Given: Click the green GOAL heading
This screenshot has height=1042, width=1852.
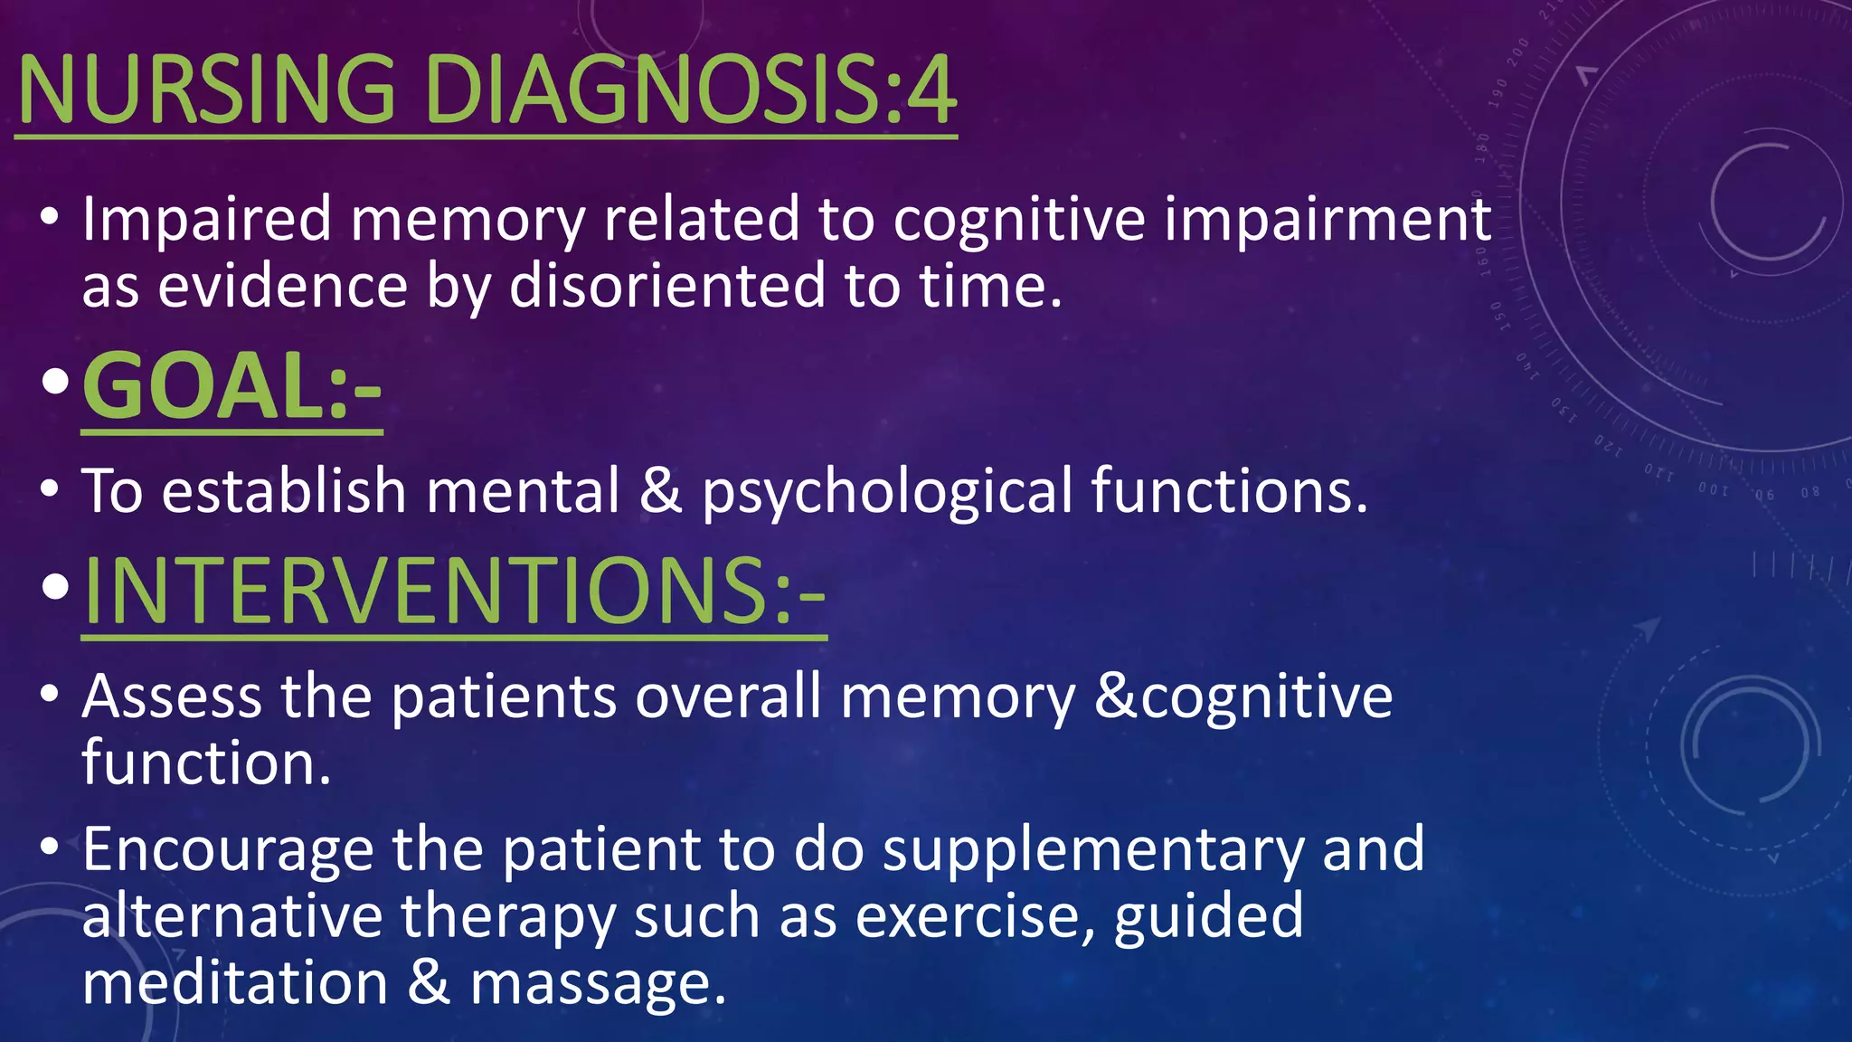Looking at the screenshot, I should point(231,386).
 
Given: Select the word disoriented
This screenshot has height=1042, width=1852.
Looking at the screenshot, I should point(667,286).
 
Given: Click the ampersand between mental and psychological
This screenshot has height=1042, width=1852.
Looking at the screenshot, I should point(660,490).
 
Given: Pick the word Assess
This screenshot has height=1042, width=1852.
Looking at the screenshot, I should point(172,696).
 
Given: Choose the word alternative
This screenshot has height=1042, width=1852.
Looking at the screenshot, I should point(232,915).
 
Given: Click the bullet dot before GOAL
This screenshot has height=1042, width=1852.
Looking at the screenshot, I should point(54,384).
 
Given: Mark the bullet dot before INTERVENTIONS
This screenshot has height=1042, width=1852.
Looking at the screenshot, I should point(54,587).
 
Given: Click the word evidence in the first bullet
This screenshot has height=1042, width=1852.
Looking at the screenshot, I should point(283,286).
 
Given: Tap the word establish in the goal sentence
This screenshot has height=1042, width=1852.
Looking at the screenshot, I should point(284,490).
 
